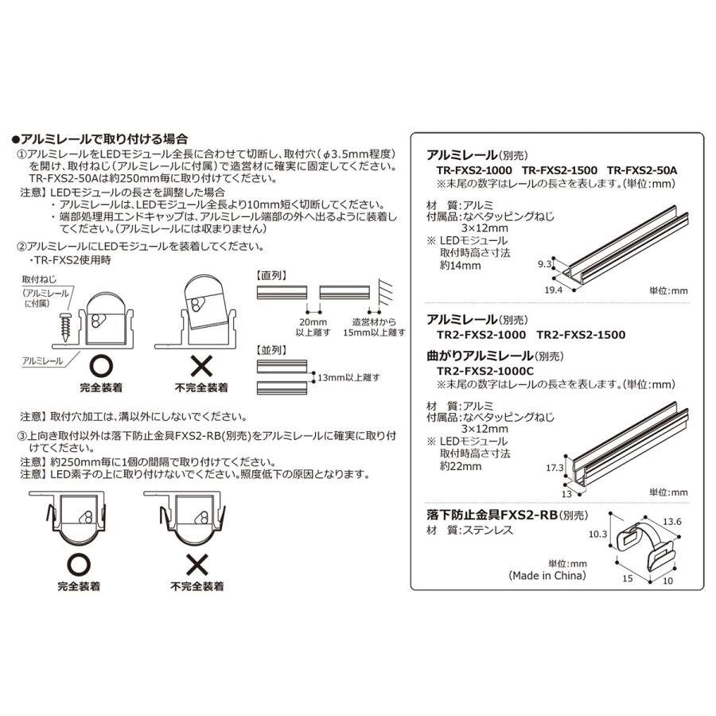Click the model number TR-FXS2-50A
tap(641, 170)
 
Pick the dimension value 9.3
tap(545, 262)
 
